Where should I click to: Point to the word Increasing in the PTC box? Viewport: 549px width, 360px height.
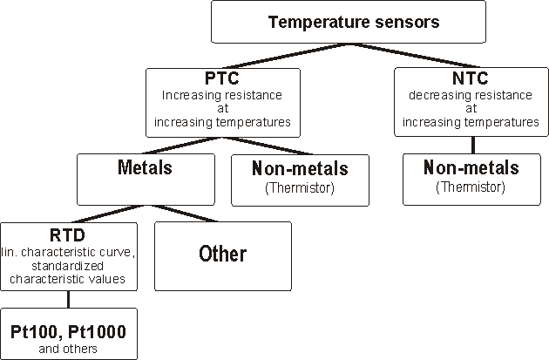coord(186,95)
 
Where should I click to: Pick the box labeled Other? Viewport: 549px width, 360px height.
coord(222,255)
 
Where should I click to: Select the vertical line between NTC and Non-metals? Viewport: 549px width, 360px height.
coord(471,146)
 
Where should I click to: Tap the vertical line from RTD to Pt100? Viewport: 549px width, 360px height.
coord(69,299)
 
